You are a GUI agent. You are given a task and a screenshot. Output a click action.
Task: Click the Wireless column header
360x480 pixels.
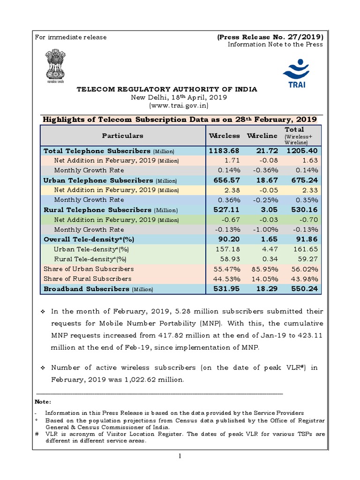pos(224,135)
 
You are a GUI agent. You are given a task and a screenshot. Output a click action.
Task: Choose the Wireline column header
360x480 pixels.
pos(262,135)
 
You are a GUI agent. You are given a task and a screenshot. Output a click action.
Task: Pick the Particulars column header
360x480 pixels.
pos(123,135)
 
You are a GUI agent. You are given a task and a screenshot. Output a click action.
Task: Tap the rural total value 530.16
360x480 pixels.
pos(304,210)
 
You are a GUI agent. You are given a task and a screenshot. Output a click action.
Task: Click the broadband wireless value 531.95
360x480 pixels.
pos(227,289)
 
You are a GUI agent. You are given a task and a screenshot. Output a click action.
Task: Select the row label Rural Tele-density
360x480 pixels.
pos(83,259)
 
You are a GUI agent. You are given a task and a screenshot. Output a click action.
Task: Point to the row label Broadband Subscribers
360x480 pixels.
pos(86,289)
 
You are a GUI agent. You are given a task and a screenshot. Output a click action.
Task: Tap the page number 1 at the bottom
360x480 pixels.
pos(180,457)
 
